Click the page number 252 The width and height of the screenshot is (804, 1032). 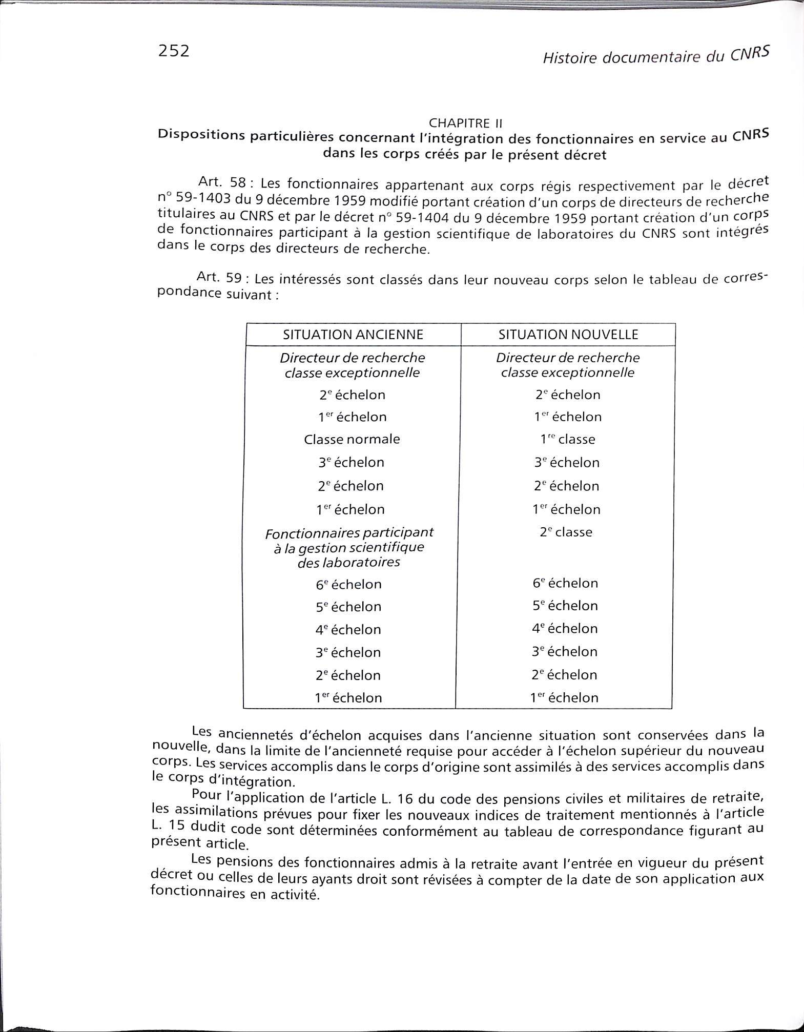[174, 51]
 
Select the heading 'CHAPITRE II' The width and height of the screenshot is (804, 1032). [465, 123]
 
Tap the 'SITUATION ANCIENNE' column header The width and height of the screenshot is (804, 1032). [353, 335]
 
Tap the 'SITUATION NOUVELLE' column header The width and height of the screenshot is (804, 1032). [568, 335]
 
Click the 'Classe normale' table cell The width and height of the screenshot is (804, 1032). [352, 439]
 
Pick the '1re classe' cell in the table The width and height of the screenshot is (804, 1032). [567, 439]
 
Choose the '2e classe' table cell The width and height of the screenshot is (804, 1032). [566, 532]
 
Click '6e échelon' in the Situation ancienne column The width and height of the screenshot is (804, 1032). [348, 584]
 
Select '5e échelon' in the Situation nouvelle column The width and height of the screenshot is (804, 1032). [565, 606]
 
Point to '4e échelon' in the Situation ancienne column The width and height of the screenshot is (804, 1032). [348, 629]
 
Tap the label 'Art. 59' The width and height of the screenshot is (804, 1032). [219, 278]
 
